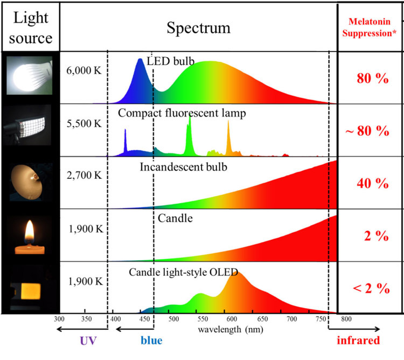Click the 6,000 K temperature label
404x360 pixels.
click(84, 71)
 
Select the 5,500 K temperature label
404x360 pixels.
click(84, 123)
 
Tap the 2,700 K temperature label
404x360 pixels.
click(84, 175)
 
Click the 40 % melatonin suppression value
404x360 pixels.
click(373, 183)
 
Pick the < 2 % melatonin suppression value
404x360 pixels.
click(371, 288)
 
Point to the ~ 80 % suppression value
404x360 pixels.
click(367, 130)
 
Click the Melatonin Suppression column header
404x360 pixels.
click(369, 27)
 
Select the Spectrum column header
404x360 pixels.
click(198, 28)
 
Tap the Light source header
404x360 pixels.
click(31, 28)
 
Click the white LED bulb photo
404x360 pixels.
click(30, 75)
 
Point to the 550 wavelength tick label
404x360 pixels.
click(203, 319)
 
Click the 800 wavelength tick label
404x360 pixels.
click(346, 319)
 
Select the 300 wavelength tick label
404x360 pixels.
click(59, 319)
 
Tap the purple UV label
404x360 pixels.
click(88, 341)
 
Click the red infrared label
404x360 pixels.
click(358, 340)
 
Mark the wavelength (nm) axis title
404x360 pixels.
click(231, 329)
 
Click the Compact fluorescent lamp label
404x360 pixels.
click(182, 113)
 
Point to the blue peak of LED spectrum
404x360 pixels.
click(140, 60)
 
